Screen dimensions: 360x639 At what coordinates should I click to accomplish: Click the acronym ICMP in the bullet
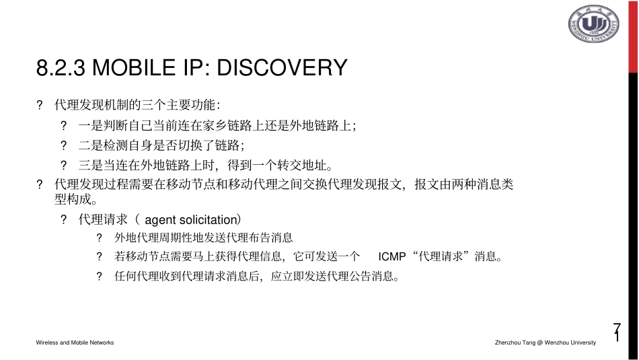coord(392,256)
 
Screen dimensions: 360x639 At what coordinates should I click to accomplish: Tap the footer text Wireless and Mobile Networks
coord(75,343)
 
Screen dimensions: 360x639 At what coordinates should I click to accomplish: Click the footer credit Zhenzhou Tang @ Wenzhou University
coord(545,343)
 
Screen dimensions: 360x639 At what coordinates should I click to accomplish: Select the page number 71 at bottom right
coord(617,332)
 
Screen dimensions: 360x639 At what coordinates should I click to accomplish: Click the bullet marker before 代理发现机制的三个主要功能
coord(40,105)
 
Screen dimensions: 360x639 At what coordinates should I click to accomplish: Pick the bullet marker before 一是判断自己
coord(64,125)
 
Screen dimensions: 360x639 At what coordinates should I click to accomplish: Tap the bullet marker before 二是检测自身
coord(64,145)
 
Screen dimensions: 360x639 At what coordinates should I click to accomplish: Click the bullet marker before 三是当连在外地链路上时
coord(64,165)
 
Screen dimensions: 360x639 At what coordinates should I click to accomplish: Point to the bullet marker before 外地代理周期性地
coord(99,238)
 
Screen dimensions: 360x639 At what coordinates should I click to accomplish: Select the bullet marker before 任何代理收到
coord(99,276)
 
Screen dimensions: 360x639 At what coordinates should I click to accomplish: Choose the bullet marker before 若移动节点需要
coord(99,256)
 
